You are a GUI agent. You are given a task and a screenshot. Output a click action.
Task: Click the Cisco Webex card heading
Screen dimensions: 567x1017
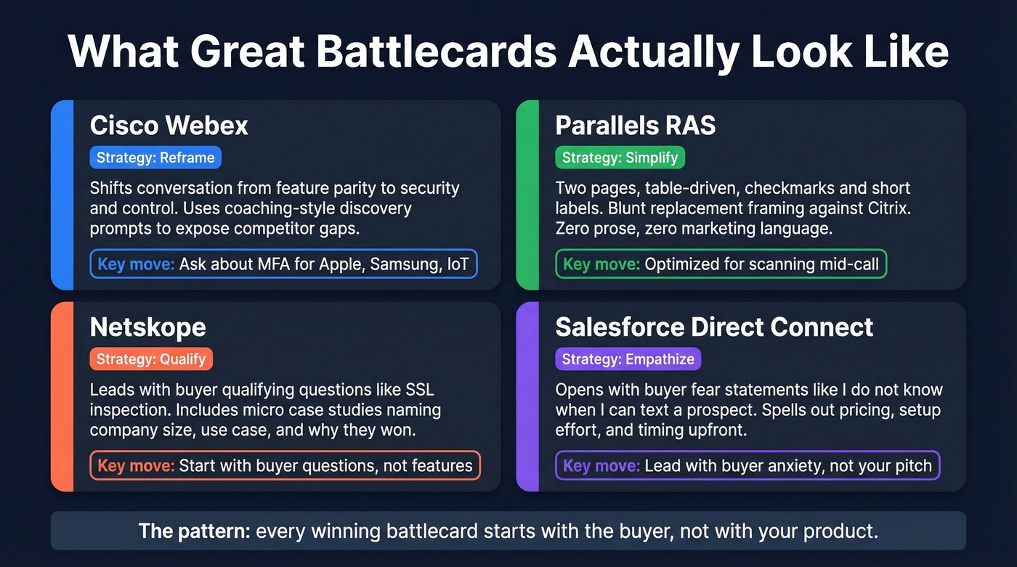pyautogui.click(x=169, y=126)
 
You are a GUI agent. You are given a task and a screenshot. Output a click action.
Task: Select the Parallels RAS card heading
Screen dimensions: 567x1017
pyautogui.click(x=635, y=126)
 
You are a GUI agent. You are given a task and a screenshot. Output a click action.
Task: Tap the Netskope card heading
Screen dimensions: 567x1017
pyautogui.click(x=147, y=327)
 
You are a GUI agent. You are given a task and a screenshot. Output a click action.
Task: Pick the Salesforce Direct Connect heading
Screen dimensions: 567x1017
pyautogui.click(x=713, y=327)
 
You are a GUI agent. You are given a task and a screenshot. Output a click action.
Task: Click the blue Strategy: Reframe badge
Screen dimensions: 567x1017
pyautogui.click(x=155, y=158)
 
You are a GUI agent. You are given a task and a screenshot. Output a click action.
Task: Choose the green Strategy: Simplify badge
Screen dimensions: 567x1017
pyautogui.click(x=620, y=158)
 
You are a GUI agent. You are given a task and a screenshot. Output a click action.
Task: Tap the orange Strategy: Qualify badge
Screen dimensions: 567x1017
pyautogui.click(x=151, y=359)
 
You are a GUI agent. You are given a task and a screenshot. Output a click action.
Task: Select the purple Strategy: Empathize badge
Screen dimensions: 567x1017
pyautogui.click(x=628, y=359)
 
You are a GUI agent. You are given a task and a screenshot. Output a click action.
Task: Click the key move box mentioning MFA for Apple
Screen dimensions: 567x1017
pyautogui.click(x=283, y=264)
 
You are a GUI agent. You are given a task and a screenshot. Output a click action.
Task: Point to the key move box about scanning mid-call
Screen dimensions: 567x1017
pyautogui.click(x=721, y=264)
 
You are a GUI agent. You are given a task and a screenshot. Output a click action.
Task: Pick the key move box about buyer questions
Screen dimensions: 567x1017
pyautogui.click(x=285, y=465)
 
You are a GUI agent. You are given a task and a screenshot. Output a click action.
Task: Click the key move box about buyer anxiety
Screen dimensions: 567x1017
pyautogui.click(x=747, y=465)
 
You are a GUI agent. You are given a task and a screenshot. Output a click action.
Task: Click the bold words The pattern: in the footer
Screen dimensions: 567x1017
pyautogui.click(x=194, y=531)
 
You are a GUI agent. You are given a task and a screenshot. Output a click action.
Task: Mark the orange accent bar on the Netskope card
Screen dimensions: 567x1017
pyautogui.click(x=62, y=396)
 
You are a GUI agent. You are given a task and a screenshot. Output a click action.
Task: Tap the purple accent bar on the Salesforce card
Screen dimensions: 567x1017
pyautogui.click(x=527, y=396)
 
